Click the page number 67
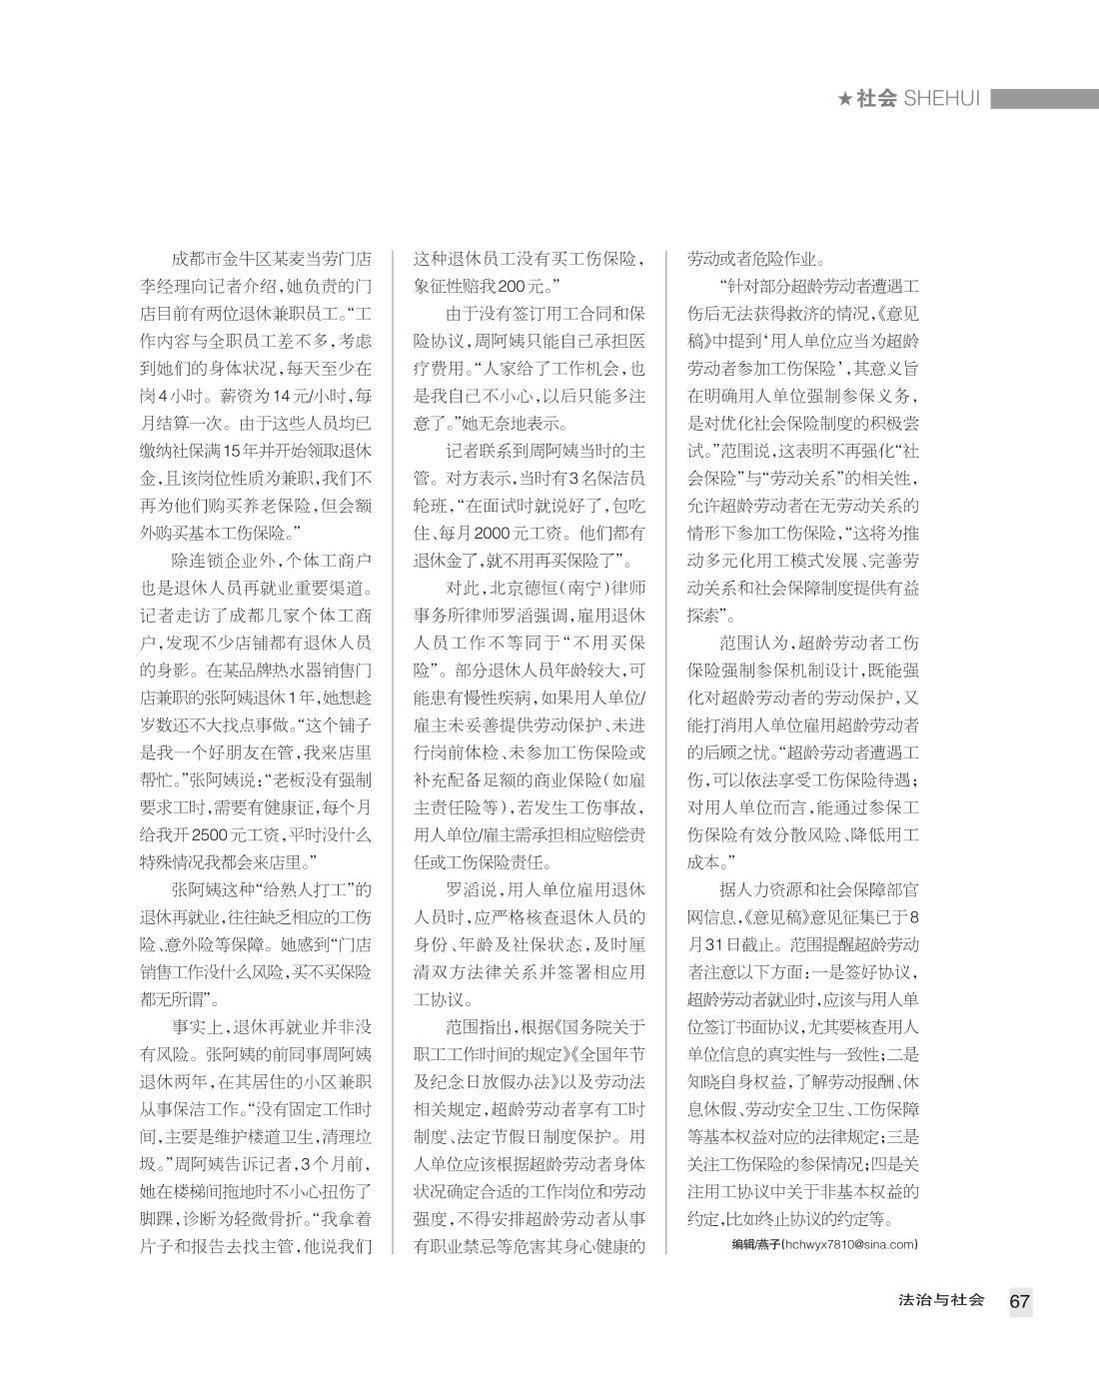[1019, 1301]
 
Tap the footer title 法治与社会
[941, 1300]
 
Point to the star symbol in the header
[845, 99]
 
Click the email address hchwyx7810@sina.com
[850, 1244]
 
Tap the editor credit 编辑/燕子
[755, 1244]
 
